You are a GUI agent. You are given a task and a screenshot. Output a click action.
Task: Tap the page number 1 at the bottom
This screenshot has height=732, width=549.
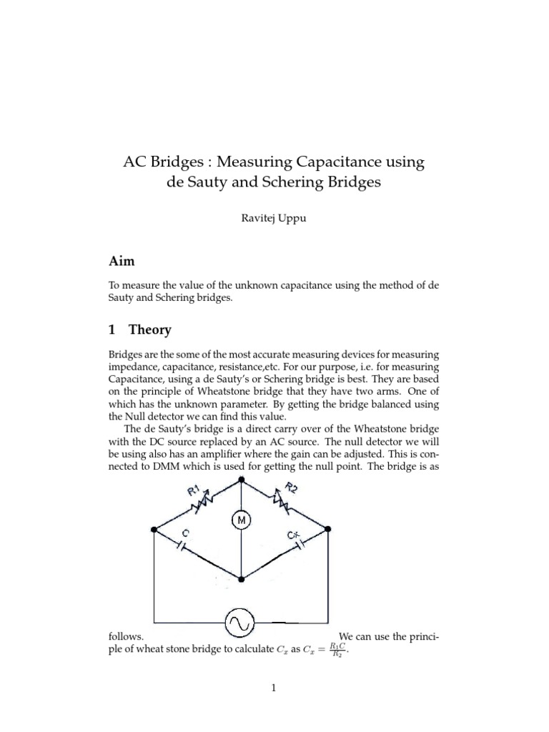274,688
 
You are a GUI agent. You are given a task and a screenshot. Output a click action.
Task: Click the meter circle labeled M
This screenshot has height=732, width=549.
241,521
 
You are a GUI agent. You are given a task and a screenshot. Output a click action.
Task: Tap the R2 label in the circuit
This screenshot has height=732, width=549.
290,490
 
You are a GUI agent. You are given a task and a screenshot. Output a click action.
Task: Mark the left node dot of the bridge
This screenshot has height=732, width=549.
154,530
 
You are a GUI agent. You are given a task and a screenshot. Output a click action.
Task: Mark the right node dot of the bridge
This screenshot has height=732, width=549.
328,530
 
